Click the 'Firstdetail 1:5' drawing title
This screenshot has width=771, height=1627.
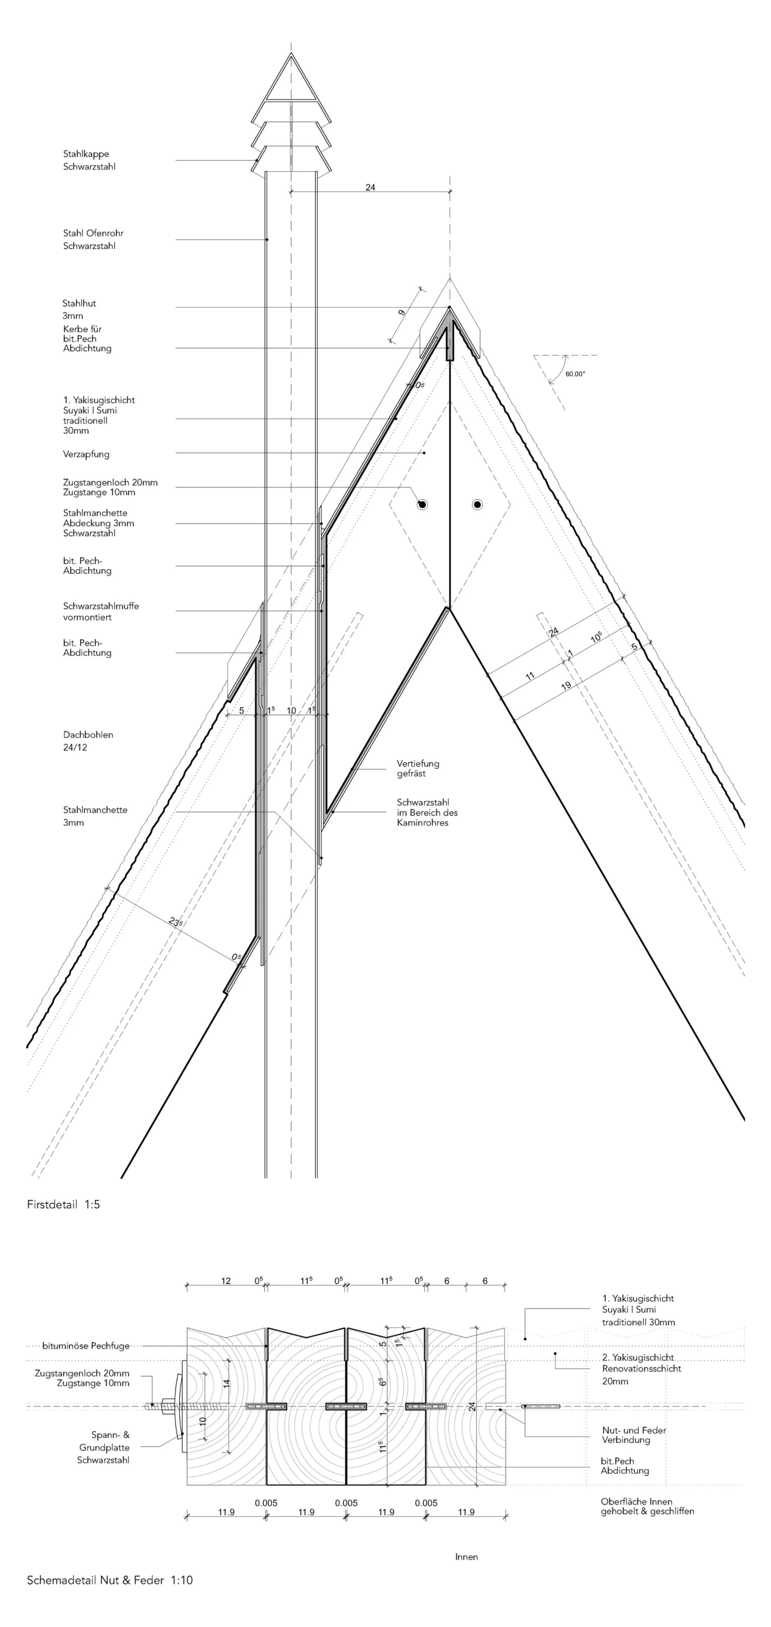click(x=63, y=1205)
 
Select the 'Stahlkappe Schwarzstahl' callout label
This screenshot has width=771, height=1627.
click(x=89, y=160)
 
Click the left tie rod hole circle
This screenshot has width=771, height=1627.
click(x=422, y=505)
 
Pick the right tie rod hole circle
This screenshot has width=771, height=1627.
click(x=477, y=505)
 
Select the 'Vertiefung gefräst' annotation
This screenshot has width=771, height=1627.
click(x=418, y=768)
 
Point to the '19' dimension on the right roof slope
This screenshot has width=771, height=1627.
click(x=566, y=685)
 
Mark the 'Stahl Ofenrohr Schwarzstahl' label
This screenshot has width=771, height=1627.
click(x=93, y=239)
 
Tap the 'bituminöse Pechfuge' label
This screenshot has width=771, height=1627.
click(x=86, y=1346)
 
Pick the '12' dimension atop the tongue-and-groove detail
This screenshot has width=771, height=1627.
click(x=226, y=1281)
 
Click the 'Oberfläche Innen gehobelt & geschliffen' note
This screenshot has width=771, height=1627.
click(x=647, y=1507)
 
